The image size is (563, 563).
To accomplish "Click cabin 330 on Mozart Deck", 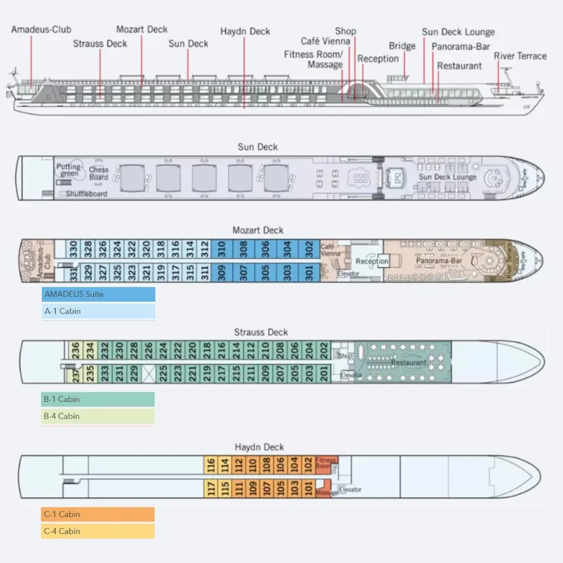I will click(74, 249).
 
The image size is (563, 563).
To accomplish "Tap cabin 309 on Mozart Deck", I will click(222, 271).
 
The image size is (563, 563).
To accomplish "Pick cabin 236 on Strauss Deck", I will click(76, 350).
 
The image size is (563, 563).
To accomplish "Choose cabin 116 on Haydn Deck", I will click(211, 465).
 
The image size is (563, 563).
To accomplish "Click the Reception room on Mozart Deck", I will click(372, 261).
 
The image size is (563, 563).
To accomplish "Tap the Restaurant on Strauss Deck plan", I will click(409, 362).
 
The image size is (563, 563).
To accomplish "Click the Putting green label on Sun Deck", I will click(69, 170).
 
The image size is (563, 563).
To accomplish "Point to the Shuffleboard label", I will click(86, 194).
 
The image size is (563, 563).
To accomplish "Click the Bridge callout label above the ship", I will click(402, 46).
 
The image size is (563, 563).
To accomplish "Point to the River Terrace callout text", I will click(520, 56).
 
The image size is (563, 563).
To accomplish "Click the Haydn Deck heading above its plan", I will click(259, 447).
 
